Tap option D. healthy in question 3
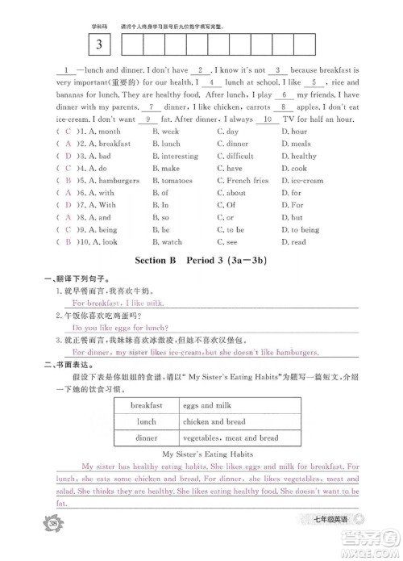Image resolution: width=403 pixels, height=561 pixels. [304, 156]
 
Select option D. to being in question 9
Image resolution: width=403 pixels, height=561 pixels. [305, 230]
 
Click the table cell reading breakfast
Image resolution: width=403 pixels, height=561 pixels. [147, 405]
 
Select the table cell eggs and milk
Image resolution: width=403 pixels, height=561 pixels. [207, 405]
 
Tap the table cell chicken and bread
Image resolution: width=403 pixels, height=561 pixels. [214, 421]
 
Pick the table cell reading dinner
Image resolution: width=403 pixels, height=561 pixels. [147, 438]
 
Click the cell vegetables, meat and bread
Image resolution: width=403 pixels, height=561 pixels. [231, 438]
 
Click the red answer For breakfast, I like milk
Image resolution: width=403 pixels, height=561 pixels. [118, 302]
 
